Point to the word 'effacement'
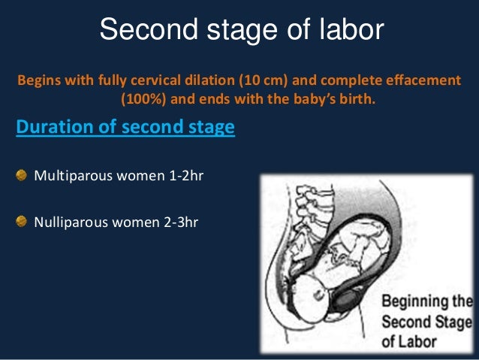point(420,80)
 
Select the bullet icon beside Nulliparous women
point(23,221)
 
